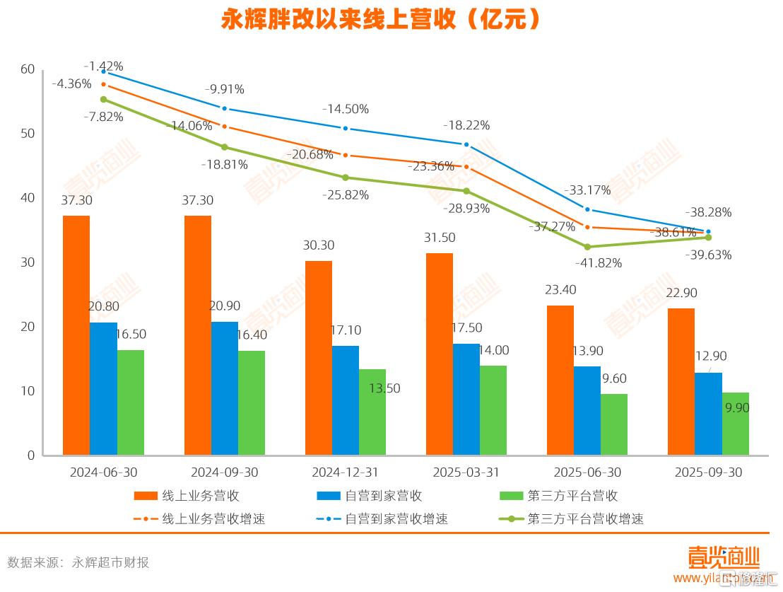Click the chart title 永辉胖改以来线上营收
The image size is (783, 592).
[382, 20]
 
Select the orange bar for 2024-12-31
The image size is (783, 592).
[319, 358]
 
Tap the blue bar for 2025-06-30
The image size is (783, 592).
[587, 410]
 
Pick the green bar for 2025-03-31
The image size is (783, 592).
[493, 410]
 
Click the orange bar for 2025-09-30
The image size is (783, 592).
[681, 382]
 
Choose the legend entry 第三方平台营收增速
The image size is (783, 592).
[585, 519]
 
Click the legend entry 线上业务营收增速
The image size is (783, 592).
[213, 519]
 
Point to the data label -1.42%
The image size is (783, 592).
[103, 66]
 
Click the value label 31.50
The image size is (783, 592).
[440, 238]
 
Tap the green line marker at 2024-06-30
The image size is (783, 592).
[104, 100]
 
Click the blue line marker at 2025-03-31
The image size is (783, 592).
[466, 144]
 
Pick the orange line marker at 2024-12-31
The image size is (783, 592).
[346, 156]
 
